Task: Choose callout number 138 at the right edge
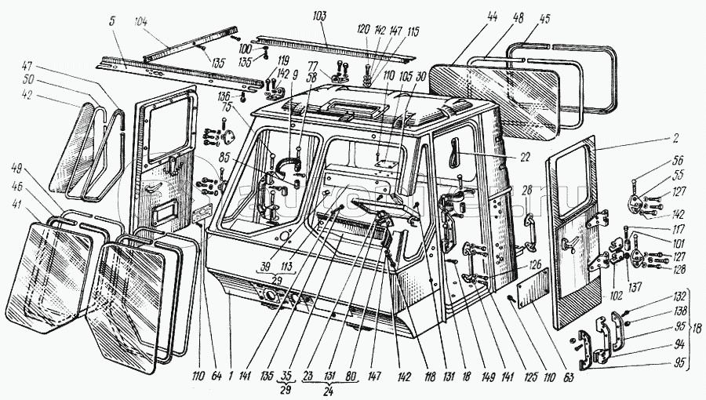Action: pos(679,311)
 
